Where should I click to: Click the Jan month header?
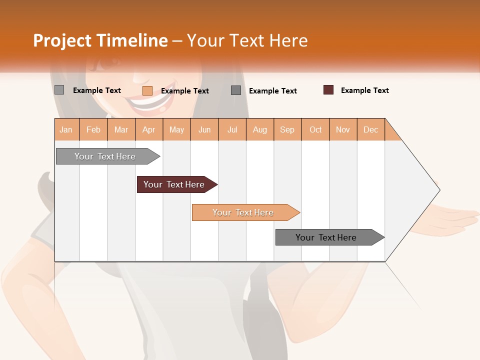pyautogui.click(x=66, y=130)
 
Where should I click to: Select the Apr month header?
pyautogui.click(x=149, y=130)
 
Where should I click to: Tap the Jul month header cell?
pyautogui.click(x=232, y=130)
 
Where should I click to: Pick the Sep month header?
pyautogui.click(x=287, y=130)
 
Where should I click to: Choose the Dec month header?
pyautogui.click(x=370, y=130)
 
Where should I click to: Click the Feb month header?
pyautogui.click(x=93, y=130)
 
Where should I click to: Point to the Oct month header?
pyautogui.click(x=315, y=130)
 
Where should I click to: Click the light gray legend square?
pyautogui.click(x=59, y=90)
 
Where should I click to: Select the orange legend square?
pyautogui.click(x=147, y=90)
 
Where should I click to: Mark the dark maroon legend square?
pyautogui.click(x=328, y=90)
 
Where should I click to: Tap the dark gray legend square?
pyautogui.click(x=236, y=90)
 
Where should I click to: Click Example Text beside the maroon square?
pyautogui.click(x=364, y=90)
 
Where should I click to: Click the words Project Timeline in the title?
pyautogui.click(x=100, y=40)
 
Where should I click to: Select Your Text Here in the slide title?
pyautogui.click(x=247, y=40)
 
